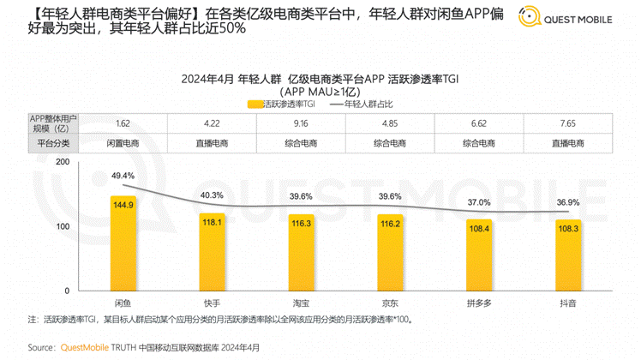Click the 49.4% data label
pyautogui.click(x=123, y=176)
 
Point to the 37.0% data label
pyautogui.click(x=478, y=202)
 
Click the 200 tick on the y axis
pyautogui.click(x=63, y=161)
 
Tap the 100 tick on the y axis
pyautogui.click(x=63, y=226)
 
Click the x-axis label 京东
pyautogui.click(x=389, y=303)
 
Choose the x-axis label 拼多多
pyautogui.click(x=478, y=303)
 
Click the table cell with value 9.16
pyautogui.click(x=301, y=123)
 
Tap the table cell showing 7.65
pyautogui.click(x=567, y=123)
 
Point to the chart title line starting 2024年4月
pyautogui.click(x=319, y=78)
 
